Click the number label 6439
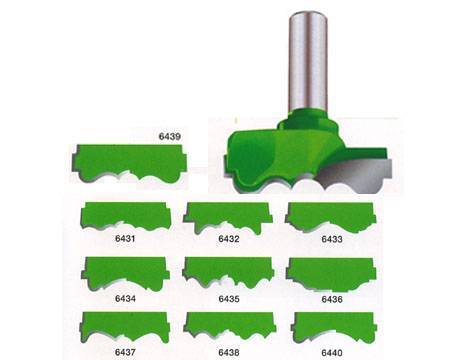tap(170, 137)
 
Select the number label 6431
tap(125, 239)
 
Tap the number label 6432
tap(229, 239)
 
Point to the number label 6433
tap(332, 239)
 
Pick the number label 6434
tap(125, 298)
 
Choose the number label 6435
tap(229, 299)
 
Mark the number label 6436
tap(332, 299)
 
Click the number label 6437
tap(125, 352)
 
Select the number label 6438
tap(229, 352)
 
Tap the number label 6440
tap(332, 353)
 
